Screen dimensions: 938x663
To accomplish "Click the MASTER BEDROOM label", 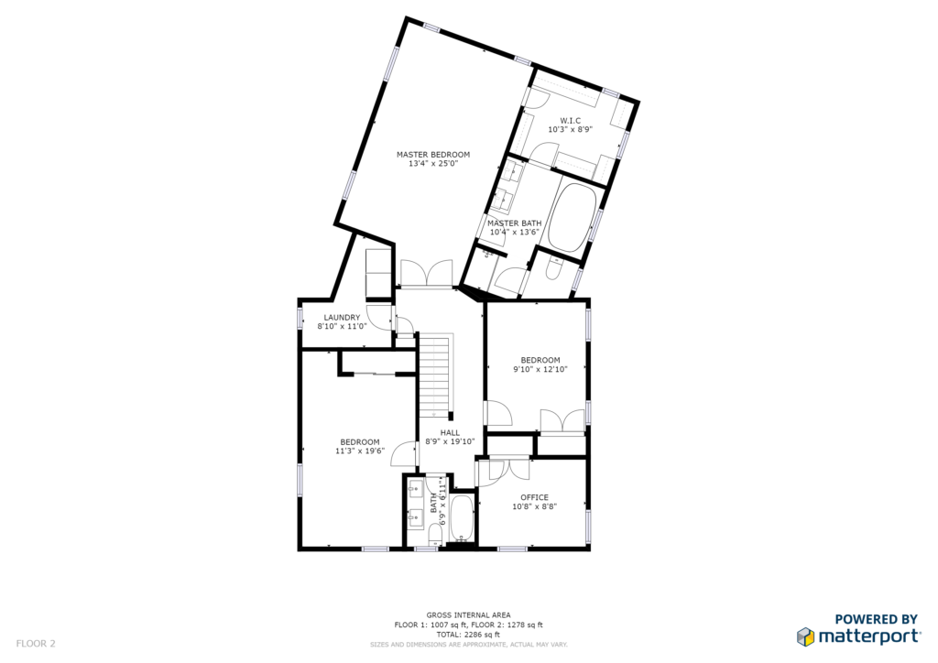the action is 433,154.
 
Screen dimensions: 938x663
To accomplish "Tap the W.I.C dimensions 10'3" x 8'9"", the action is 570,129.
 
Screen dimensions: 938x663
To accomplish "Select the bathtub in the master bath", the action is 573,216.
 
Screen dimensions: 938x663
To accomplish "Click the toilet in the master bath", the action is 552,269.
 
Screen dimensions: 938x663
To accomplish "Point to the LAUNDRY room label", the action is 343,318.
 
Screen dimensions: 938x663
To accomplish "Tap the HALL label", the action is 450,433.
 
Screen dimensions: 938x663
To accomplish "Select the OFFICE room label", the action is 534,497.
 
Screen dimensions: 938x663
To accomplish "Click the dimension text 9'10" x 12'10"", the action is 540,369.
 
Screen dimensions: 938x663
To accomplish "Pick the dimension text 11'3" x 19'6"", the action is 359,451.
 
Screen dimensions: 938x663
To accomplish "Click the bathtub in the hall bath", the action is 462,517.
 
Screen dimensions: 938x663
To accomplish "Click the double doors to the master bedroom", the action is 427,273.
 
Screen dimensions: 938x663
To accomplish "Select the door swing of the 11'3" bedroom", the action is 402,454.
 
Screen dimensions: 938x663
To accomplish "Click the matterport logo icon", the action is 805,636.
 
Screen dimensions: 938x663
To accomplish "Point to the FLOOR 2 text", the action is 36,644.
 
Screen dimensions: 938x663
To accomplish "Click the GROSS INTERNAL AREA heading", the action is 468,615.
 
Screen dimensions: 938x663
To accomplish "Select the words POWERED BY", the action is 876,619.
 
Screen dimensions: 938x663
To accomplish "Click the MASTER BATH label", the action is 514,223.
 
